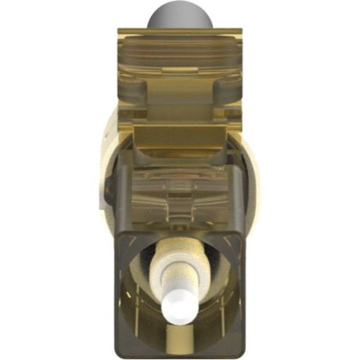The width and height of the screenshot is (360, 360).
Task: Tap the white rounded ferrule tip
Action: coord(182,304)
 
